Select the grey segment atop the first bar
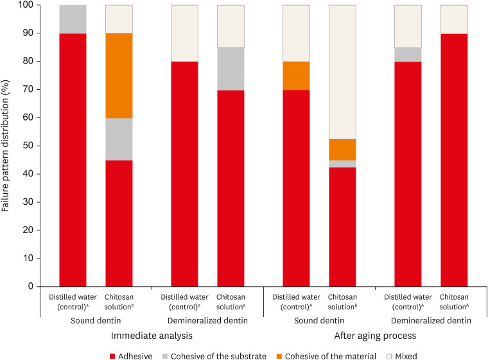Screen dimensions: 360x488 tap(73, 19)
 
